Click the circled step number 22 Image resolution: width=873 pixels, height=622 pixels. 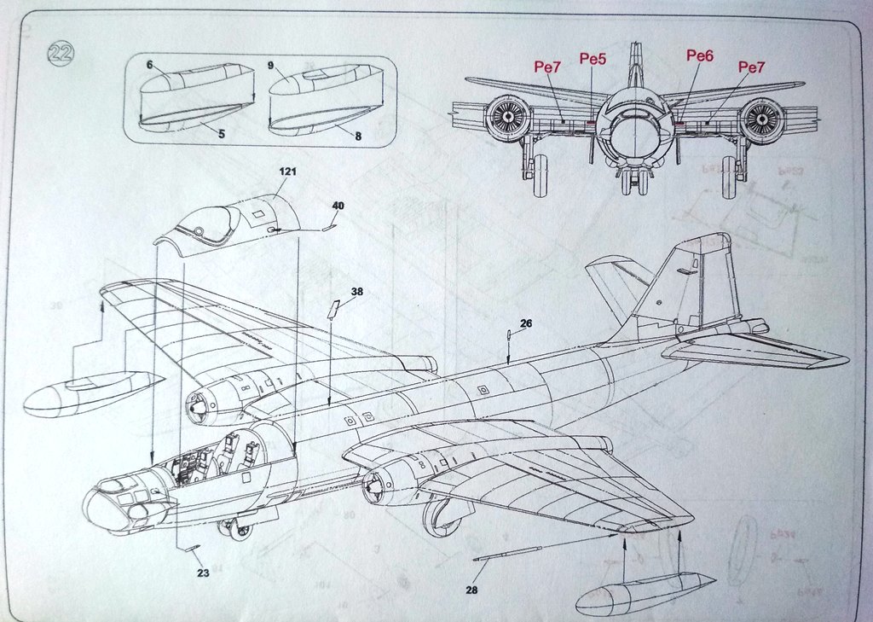[61, 54]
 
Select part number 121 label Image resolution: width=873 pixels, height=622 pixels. [286, 171]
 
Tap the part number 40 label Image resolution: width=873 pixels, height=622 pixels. [338, 206]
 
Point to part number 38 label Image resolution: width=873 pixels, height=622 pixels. [356, 291]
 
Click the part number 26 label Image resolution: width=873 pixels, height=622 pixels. [526, 323]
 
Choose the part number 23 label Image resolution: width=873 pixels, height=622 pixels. [203, 573]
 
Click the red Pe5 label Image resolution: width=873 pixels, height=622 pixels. [593, 59]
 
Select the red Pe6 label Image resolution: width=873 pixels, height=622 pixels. [699, 55]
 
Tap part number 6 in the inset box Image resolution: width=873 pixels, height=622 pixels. [149, 65]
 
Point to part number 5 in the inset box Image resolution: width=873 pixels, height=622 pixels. [221, 134]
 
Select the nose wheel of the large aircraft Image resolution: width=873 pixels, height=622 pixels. [240, 530]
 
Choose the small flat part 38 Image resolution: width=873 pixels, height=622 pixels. [334, 308]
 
